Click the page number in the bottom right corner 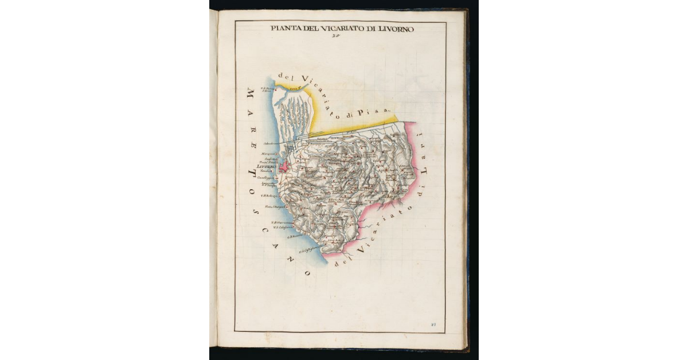coord(433,324)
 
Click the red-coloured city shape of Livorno coord(285,167)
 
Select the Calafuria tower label coord(283,228)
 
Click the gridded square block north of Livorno coord(291,148)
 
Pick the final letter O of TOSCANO coord(306,273)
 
